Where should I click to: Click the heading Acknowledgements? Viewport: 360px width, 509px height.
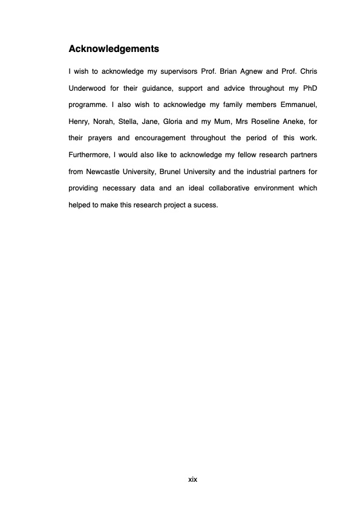click(114, 48)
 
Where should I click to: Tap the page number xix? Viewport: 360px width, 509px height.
click(192, 479)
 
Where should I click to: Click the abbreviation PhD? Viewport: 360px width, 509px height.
click(309, 89)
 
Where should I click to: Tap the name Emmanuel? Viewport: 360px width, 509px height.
click(296, 105)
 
